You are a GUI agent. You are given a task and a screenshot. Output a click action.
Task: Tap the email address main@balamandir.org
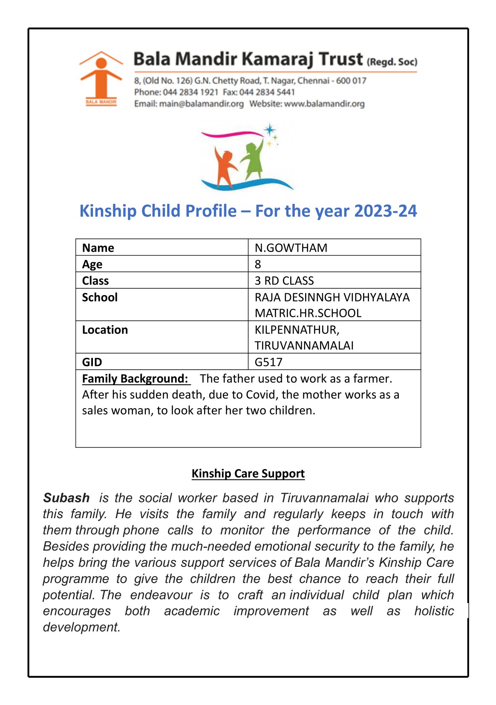[x=201, y=104]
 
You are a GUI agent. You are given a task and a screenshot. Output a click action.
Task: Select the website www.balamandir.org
[x=324, y=104]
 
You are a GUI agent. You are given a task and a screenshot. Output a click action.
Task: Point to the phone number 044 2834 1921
[x=190, y=92]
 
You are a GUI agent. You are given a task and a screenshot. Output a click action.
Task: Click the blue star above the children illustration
[x=269, y=130]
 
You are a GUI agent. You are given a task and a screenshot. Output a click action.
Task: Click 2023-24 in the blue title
[x=386, y=211]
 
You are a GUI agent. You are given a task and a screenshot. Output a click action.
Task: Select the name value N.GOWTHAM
[x=291, y=248]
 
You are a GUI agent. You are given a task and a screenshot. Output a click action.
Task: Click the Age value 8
[x=258, y=264]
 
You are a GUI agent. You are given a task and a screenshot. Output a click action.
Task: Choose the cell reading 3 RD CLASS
[x=284, y=281]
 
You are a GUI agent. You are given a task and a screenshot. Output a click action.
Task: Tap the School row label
[x=100, y=297]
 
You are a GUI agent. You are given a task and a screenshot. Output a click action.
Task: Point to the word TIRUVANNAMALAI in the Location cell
[x=304, y=345]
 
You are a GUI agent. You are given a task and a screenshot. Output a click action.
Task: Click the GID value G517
[x=268, y=362]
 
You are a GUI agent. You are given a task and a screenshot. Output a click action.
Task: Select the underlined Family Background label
[x=135, y=379]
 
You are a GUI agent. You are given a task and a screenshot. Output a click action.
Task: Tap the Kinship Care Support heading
[x=248, y=473]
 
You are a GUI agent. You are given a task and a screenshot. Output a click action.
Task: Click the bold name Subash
[x=66, y=498]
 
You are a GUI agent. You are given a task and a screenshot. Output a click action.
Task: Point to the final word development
[x=81, y=627]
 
